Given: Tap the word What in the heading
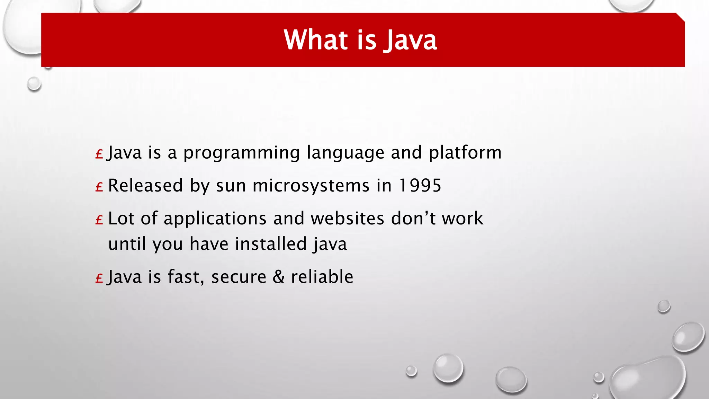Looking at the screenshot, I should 316,40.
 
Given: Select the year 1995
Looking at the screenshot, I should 420,185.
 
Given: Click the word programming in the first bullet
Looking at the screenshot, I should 242,153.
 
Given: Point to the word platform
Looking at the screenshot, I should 465,153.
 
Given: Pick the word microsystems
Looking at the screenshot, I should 311,186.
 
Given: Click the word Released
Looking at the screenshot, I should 145,185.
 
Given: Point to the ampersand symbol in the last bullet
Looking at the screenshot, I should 278,277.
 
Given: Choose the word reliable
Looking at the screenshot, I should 322,277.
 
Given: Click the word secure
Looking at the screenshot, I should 239,277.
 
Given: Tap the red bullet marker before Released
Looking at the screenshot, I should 99,187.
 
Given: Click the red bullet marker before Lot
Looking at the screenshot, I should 99,220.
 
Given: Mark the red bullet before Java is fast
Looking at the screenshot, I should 99,278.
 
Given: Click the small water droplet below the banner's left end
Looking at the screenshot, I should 34,84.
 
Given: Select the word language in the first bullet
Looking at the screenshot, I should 345,153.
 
